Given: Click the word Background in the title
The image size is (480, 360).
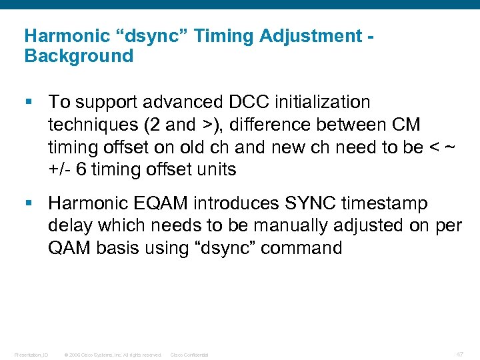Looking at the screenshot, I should click(x=79, y=56).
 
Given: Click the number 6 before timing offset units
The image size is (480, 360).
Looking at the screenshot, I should click(x=81, y=169).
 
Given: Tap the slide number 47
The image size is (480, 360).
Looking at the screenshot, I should click(x=459, y=354).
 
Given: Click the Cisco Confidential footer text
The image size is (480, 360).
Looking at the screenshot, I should click(x=189, y=355).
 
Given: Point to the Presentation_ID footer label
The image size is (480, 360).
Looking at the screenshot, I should click(x=31, y=355).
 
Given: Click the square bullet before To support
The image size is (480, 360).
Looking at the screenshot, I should click(x=27, y=103).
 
